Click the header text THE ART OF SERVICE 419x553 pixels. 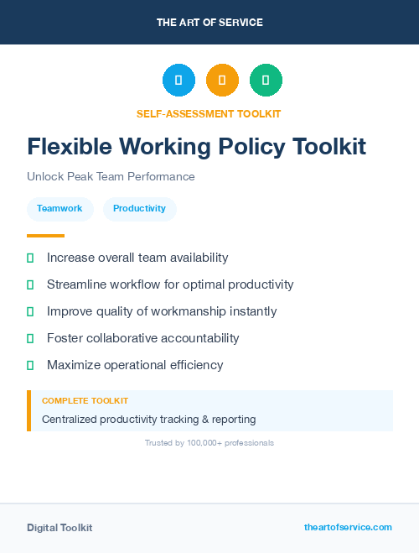click(x=209, y=23)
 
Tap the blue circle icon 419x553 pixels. click(x=178, y=81)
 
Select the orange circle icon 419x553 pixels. click(x=222, y=81)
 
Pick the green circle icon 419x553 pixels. click(x=266, y=81)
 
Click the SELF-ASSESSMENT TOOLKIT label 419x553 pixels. click(x=209, y=113)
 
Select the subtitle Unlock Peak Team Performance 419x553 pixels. click(x=111, y=177)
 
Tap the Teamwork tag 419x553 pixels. click(x=59, y=208)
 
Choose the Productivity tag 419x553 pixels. click(x=139, y=208)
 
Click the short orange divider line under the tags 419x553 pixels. click(x=45, y=236)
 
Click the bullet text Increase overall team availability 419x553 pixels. click(x=137, y=258)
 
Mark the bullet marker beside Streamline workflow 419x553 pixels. click(x=30, y=284)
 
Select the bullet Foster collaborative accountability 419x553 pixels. click(x=143, y=338)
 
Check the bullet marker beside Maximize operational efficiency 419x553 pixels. click(x=30, y=365)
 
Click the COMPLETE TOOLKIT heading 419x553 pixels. click(x=85, y=401)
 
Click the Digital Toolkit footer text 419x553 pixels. click(x=59, y=528)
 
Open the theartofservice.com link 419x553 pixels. click(x=348, y=527)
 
